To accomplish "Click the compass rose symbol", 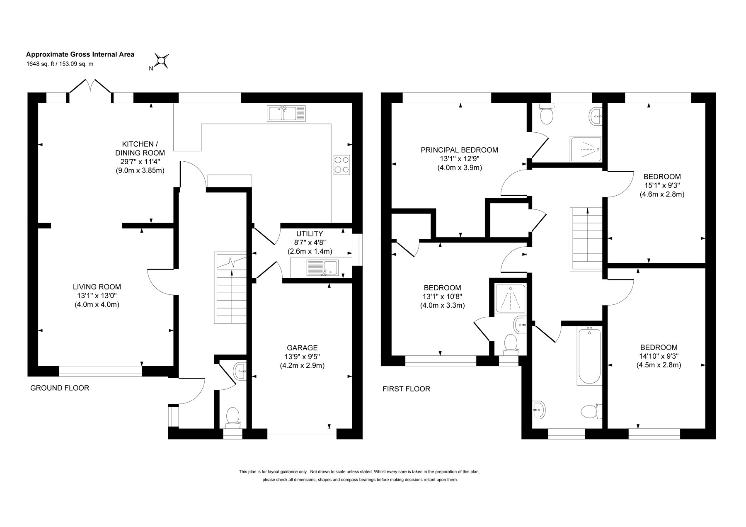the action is click(x=162, y=61).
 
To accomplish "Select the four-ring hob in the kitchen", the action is click(x=342, y=165).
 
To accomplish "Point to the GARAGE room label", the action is click(x=302, y=347).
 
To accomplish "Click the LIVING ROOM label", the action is click(x=97, y=287).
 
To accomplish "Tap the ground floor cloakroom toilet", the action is click(x=233, y=418).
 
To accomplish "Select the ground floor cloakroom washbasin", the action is click(x=240, y=371).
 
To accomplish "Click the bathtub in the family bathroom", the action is click(x=589, y=356).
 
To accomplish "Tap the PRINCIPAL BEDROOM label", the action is click(x=459, y=150).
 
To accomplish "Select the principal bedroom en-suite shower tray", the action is click(x=586, y=149).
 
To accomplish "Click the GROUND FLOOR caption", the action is click(x=60, y=388).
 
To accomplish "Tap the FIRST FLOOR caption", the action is click(x=406, y=389).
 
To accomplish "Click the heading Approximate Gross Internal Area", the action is click(x=80, y=54).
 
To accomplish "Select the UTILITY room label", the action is click(x=310, y=234).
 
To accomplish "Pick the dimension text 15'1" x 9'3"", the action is click(x=662, y=185).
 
